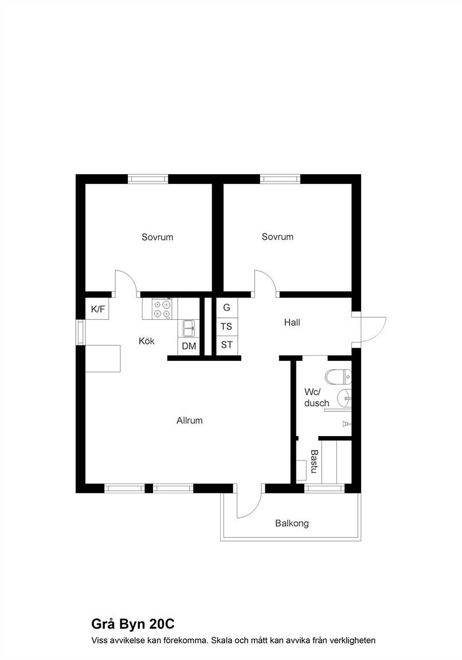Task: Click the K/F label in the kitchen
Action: pos(97,309)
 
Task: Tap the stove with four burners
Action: pos(162,309)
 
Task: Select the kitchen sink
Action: pos(189,328)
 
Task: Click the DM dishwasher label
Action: pos(189,346)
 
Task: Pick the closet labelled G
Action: pos(227,308)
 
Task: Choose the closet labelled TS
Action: pos(227,327)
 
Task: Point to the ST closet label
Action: pos(226,345)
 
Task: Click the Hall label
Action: pos(292,323)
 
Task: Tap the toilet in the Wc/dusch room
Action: pos(338,377)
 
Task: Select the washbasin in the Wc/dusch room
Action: pos(344,398)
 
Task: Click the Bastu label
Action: pos(314,461)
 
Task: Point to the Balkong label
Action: pos(292,523)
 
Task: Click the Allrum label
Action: pos(190,420)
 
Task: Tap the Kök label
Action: pos(147,341)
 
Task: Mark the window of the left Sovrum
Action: pos(148,179)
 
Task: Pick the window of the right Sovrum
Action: pos(280,179)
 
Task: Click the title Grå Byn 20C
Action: pos(132,624)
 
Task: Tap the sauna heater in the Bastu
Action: pos(302,470)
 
